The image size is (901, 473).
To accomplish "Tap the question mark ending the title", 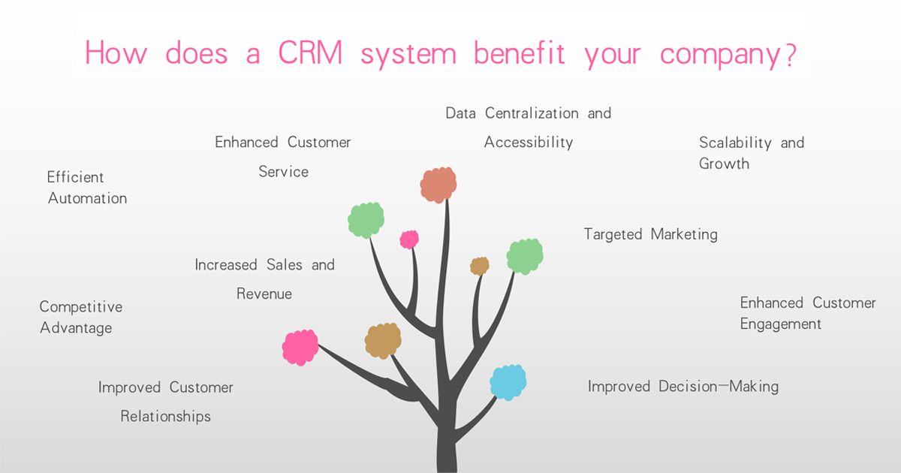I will click(x=789, y=54).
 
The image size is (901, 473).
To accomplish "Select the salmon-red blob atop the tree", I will click(x=438, y=185).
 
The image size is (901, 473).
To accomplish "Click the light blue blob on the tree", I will click(x=508, y=381).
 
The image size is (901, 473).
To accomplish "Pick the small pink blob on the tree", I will click(x=409, y=240).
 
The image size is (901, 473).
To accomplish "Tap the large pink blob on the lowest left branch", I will click(x=300, y=348).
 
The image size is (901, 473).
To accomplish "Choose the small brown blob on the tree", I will click(x=480, y=266).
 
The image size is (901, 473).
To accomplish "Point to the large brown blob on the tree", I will click(x=383, y=340).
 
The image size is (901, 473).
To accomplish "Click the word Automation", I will click(x=88, y=198).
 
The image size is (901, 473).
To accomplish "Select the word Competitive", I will click(x=81, y=306).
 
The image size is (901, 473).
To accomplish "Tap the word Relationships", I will click(x=166, y=416).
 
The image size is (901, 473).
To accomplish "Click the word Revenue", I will click(x=264, y=294).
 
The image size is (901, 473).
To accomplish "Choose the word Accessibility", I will click(x=529, y=142).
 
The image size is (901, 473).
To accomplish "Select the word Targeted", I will click(x=613, y=234).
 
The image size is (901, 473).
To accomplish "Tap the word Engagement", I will click(x=781, y=324).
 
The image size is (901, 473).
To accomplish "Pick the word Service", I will click(x=284, y=171).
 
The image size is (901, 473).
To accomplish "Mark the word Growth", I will click(x=724, y=163).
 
